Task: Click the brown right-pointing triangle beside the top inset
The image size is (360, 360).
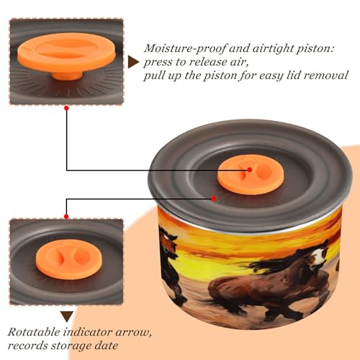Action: tap(132, 62)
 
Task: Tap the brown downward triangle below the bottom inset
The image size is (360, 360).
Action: tap(67, 317)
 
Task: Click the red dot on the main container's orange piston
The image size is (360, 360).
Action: tap(250, 170)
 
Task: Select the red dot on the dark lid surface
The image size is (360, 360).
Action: tap(214, 199)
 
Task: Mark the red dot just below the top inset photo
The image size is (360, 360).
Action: tap(67, 108)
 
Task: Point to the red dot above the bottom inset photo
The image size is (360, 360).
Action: tap(66, 217)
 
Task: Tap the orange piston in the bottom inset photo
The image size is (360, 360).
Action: tap(69, 259)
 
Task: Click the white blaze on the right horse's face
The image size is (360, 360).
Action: tap(318, 258)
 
